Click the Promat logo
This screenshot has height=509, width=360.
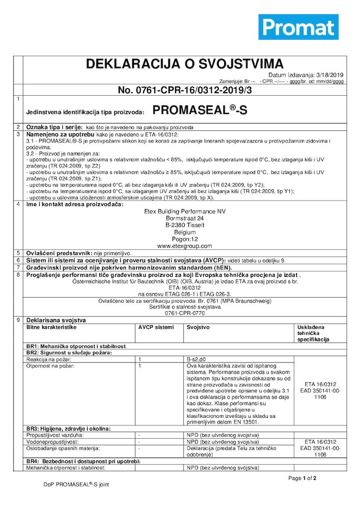point(298,26)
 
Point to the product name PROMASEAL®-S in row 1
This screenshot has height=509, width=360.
point(200,111)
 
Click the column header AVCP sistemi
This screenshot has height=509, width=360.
point(152,327)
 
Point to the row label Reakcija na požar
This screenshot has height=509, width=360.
point(49,359)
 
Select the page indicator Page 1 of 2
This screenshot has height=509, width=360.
point(302,478)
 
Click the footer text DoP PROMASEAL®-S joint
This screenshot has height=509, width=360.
point(76,485)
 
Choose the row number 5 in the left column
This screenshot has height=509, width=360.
point(18,252)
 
